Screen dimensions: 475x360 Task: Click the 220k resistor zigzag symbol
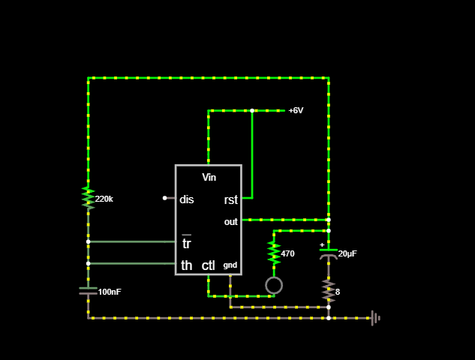click(88, 198)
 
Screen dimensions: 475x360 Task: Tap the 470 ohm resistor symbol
click(274, 253)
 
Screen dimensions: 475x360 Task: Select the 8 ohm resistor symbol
click(329, 291)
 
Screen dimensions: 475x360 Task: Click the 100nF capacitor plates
click(88, 291)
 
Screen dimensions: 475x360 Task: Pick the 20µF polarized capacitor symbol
click(329, 254)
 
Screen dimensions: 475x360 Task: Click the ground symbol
click(376, 318)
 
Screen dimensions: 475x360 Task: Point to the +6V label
click(296, 110)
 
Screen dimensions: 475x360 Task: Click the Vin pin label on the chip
click(209, 178)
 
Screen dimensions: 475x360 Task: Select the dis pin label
click(187, 199)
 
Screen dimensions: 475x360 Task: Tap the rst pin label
click(231, 199)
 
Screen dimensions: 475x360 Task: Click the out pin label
click(231, 222)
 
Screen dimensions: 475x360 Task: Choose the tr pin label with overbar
click(186, 242)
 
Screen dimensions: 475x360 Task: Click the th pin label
click(187, 265)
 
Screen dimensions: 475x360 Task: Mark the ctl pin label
click(209, 265)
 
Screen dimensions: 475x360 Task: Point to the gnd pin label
click(230, 265)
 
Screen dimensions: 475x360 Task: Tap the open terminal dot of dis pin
click(165, 198)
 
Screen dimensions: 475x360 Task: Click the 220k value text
click(104, 199)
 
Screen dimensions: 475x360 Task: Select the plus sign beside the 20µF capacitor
click(322, 244)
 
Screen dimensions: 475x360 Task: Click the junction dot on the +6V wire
click(252, 110)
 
